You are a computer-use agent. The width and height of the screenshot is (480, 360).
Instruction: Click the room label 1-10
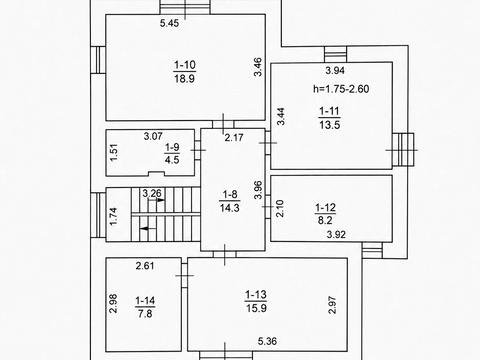pos(185,65)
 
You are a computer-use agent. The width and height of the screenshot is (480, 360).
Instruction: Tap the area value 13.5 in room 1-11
pos(330,125)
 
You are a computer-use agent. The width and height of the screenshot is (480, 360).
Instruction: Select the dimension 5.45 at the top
pos(169,23)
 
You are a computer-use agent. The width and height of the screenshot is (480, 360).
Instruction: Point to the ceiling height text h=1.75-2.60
pos(341,89)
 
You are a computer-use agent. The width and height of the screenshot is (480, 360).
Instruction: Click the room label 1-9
pos(172,147)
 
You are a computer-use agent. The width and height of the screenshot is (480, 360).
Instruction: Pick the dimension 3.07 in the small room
pos(153,136)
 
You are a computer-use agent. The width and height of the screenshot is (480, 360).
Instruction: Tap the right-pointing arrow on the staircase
pos(160,200)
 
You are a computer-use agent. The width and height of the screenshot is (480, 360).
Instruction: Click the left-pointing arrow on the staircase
pos(148,229)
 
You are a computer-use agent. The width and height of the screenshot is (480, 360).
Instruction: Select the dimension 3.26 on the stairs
pos(152,193)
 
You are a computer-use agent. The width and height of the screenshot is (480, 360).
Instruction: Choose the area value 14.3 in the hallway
pos(230,208)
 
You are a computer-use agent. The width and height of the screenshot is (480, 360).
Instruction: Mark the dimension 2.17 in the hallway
pos(234,137)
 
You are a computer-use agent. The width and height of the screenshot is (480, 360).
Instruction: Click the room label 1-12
pos(325,208)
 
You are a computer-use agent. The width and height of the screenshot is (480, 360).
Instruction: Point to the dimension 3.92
pos(336,234)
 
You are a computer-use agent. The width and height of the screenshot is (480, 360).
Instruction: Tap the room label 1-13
pos(256,295)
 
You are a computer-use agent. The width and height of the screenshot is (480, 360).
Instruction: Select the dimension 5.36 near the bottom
pos(267,341)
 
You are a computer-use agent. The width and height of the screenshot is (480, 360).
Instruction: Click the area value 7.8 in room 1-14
pos(145,314)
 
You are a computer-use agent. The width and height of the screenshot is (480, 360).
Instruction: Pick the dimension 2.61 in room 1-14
pos(145,266)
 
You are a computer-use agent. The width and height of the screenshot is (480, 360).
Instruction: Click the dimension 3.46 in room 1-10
pos(258,67)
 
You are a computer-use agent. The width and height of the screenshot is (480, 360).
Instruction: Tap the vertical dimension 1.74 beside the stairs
pos(114,216)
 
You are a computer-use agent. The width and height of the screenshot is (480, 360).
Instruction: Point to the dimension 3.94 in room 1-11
pos(335,70)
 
